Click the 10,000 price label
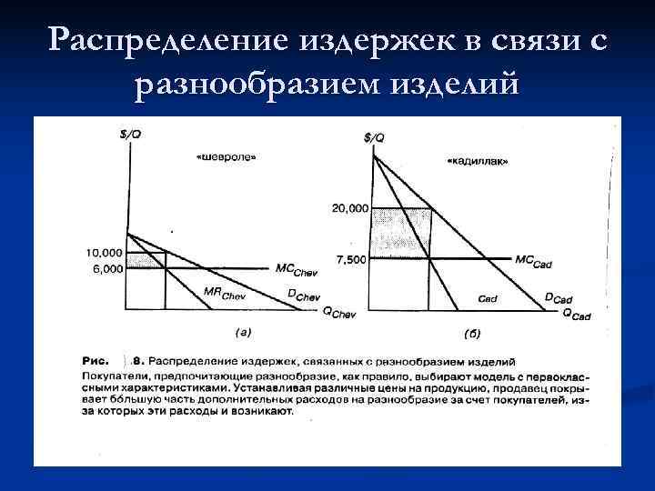coord(105,252)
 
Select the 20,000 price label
coord(350,208)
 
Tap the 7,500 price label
coord(351,260)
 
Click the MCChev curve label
coord(296,268)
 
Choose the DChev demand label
coord(304,296)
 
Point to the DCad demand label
coord(558,298)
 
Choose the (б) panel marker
coord(471,334)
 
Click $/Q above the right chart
coord(373,137)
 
